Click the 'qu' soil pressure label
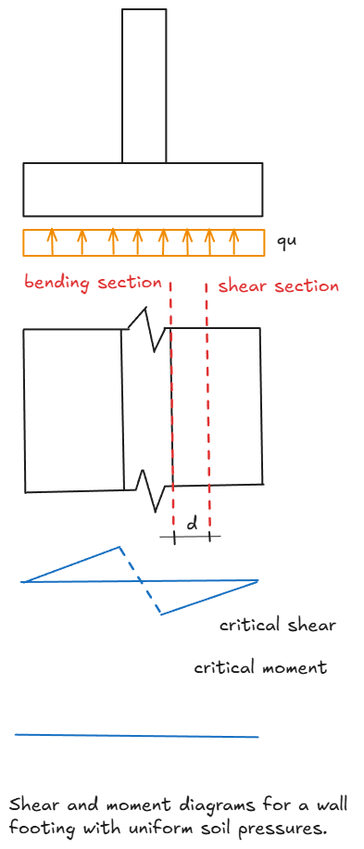[x=286, y=242]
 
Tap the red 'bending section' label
[x=93, y=281]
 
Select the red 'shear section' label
[x=278, y=285]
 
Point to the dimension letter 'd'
[x=192, y=524]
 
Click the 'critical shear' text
[x=277, y=625]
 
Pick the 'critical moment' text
[x=259, y=667]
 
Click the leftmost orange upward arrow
[x=52, y=242]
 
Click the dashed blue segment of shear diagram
[x=141, y=581]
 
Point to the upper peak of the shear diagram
[x=119, y=547]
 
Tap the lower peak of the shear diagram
[x=161, y=614]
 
